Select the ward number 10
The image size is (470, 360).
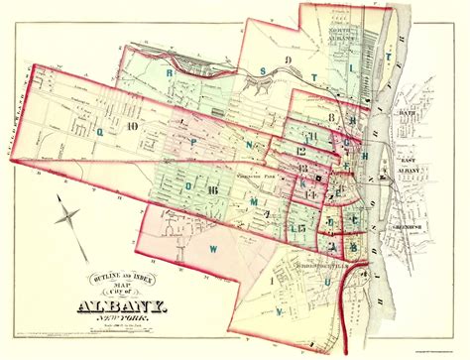(x=101, y=125)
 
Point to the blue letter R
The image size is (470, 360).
(x=171, y=72)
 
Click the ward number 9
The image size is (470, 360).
(x=288, y=60)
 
